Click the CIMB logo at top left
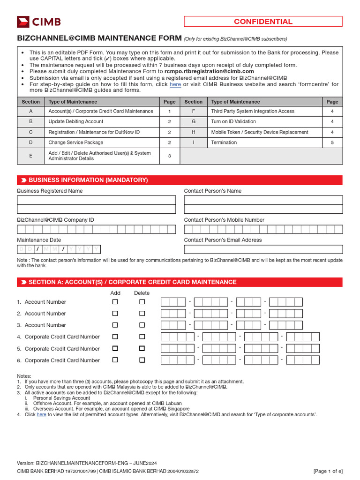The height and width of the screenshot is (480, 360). (x=39, y=22)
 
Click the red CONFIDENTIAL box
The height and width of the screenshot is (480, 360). (x=263, y=22)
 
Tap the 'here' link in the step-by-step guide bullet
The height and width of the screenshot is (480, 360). (x=175, y=84)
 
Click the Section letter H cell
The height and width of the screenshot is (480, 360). (x=193, y=132)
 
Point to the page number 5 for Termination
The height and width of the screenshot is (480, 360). (x=332, y=142)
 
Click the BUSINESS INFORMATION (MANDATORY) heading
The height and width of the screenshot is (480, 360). (x=88, y=180)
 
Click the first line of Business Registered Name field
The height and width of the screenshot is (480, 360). (x=96, y=200)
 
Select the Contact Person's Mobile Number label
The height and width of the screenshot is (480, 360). (x=224, y=220)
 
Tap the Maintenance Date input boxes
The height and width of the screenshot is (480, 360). (x=59, y=249)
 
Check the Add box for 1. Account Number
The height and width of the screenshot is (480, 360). (x=115, y=302)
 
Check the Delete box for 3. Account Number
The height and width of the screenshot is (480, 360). (x=142, y=325)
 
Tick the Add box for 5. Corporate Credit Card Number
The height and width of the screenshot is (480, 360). (x=115, y=348)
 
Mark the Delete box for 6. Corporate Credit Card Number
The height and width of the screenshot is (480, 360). (x=142, y=360)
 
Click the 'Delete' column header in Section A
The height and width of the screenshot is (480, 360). (x=142, y=293)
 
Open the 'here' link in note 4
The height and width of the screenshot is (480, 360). (x=41, y=414)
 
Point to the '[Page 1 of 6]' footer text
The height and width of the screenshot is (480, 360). (x=328, y=471)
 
